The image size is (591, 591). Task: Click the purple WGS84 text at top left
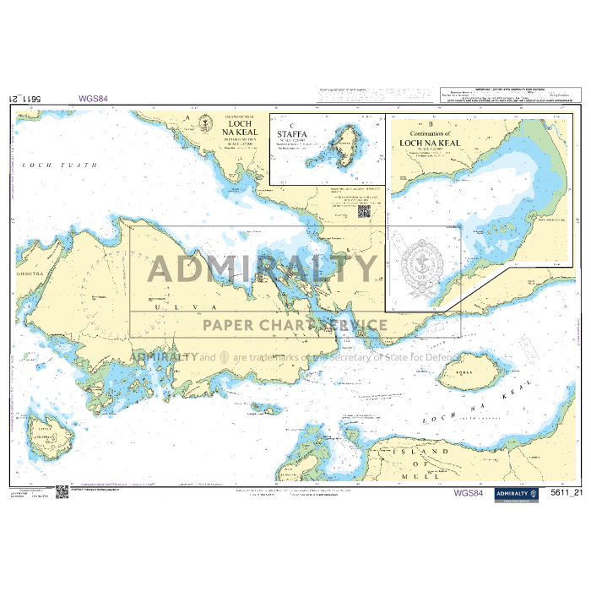pyautogui.click(x=93, y=98)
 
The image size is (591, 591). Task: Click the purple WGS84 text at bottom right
pyautogui.click(x=468, y=493)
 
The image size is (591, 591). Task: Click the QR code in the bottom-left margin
pyautogui.click(x=62, y=491)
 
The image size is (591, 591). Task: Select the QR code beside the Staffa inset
pyautogui.click(x=364, y=211)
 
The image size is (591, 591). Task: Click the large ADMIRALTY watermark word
pyautogui.click(x=262, y=268)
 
